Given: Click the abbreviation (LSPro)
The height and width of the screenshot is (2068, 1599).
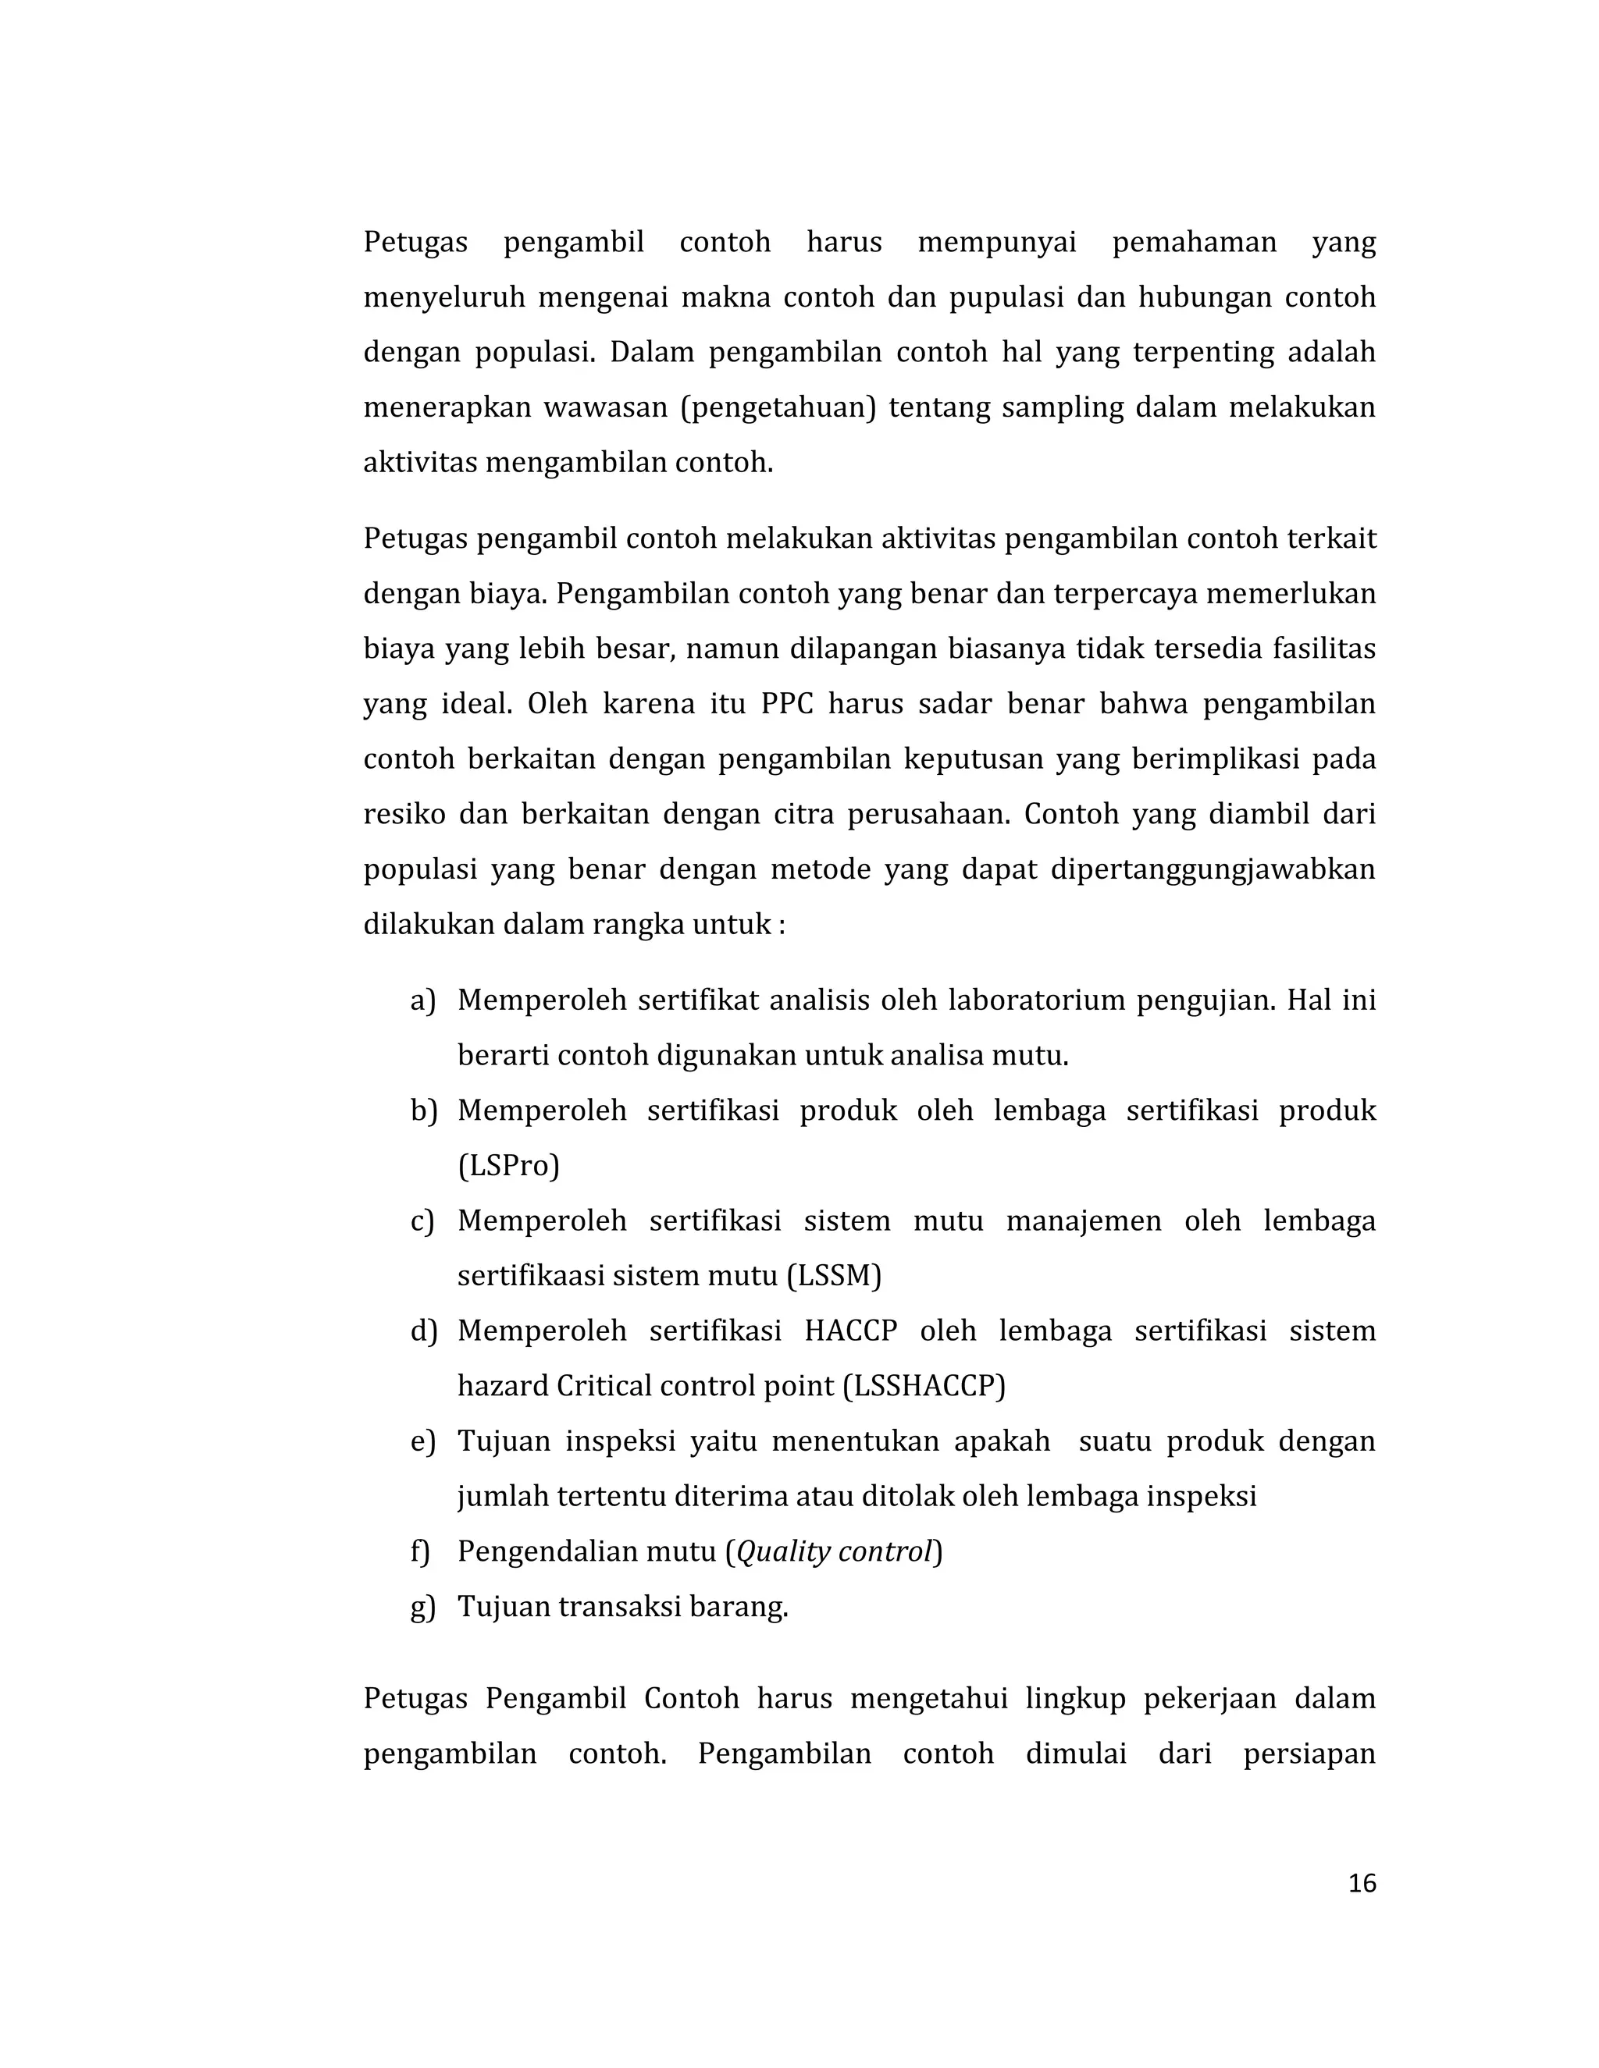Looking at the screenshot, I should (509, 1166).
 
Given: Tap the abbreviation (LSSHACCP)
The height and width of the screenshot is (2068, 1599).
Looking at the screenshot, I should (924, 1386).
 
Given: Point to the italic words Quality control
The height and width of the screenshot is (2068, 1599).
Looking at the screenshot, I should (835, 1552).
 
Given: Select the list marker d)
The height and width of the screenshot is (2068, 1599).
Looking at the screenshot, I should (422, 1331).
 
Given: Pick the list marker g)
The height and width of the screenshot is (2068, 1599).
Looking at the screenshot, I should (422, 1607).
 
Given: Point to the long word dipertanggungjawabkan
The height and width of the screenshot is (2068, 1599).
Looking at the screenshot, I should (1213, 870).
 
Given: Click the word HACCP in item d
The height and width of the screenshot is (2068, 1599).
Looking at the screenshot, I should (849, 1331).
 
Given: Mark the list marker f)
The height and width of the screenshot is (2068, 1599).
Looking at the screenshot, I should (419, 1552).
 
